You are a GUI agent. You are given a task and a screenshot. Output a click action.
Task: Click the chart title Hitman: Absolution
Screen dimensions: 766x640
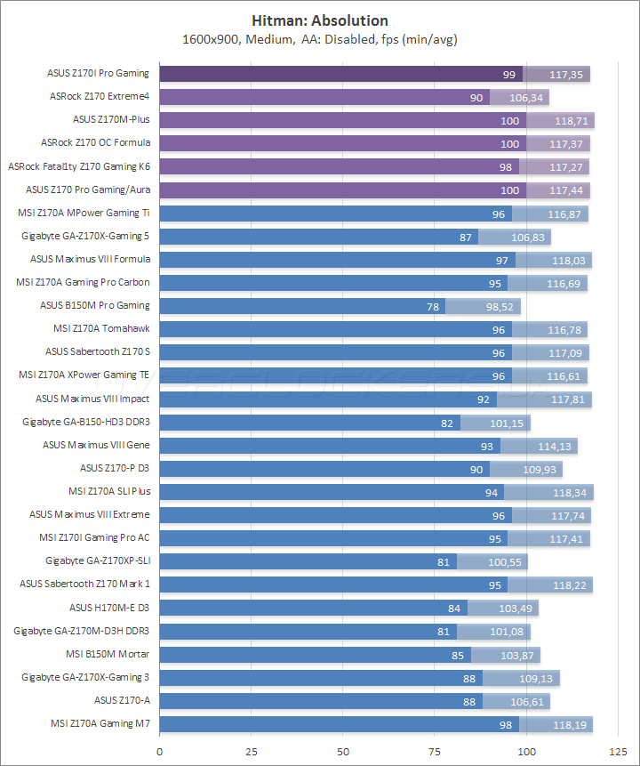(320, 20)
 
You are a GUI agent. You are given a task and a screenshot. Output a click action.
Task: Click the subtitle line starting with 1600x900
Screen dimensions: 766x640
(320, 39)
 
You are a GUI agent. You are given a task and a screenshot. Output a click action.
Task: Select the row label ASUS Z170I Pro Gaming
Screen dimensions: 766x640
(98, 73)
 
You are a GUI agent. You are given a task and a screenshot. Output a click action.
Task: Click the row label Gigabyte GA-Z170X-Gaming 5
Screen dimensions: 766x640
(85, 236)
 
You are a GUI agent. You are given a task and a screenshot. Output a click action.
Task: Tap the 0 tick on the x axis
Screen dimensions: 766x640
(160, 751)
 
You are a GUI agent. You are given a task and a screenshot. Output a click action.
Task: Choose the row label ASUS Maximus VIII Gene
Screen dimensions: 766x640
(96, 445)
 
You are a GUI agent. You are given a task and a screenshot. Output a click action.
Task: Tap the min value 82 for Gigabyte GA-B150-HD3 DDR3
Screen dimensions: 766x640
(447, 423)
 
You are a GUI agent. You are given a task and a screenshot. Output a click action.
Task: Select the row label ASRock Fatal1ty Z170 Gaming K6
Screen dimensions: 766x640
(79, 165)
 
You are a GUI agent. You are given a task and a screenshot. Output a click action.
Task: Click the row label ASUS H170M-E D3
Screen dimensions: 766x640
(109, 608)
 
